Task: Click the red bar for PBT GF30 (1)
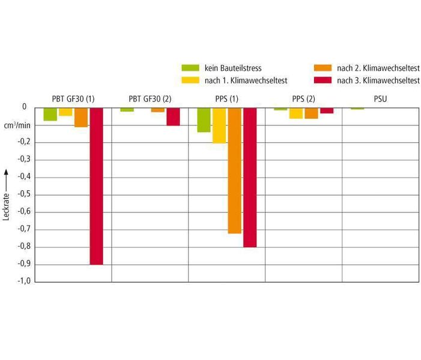coord(96,186)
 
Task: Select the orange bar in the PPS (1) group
coord(234,170)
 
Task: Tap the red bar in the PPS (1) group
coord(250,177)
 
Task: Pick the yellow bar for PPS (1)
coord(219,125)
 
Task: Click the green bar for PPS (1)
coord(204,120)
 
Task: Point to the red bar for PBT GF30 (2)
coord(173,116)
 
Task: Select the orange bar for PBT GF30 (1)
coord(81,118)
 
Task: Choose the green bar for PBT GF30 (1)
coord(50,114)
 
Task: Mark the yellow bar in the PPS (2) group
coord(296,113)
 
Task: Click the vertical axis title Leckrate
coord(7,198)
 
